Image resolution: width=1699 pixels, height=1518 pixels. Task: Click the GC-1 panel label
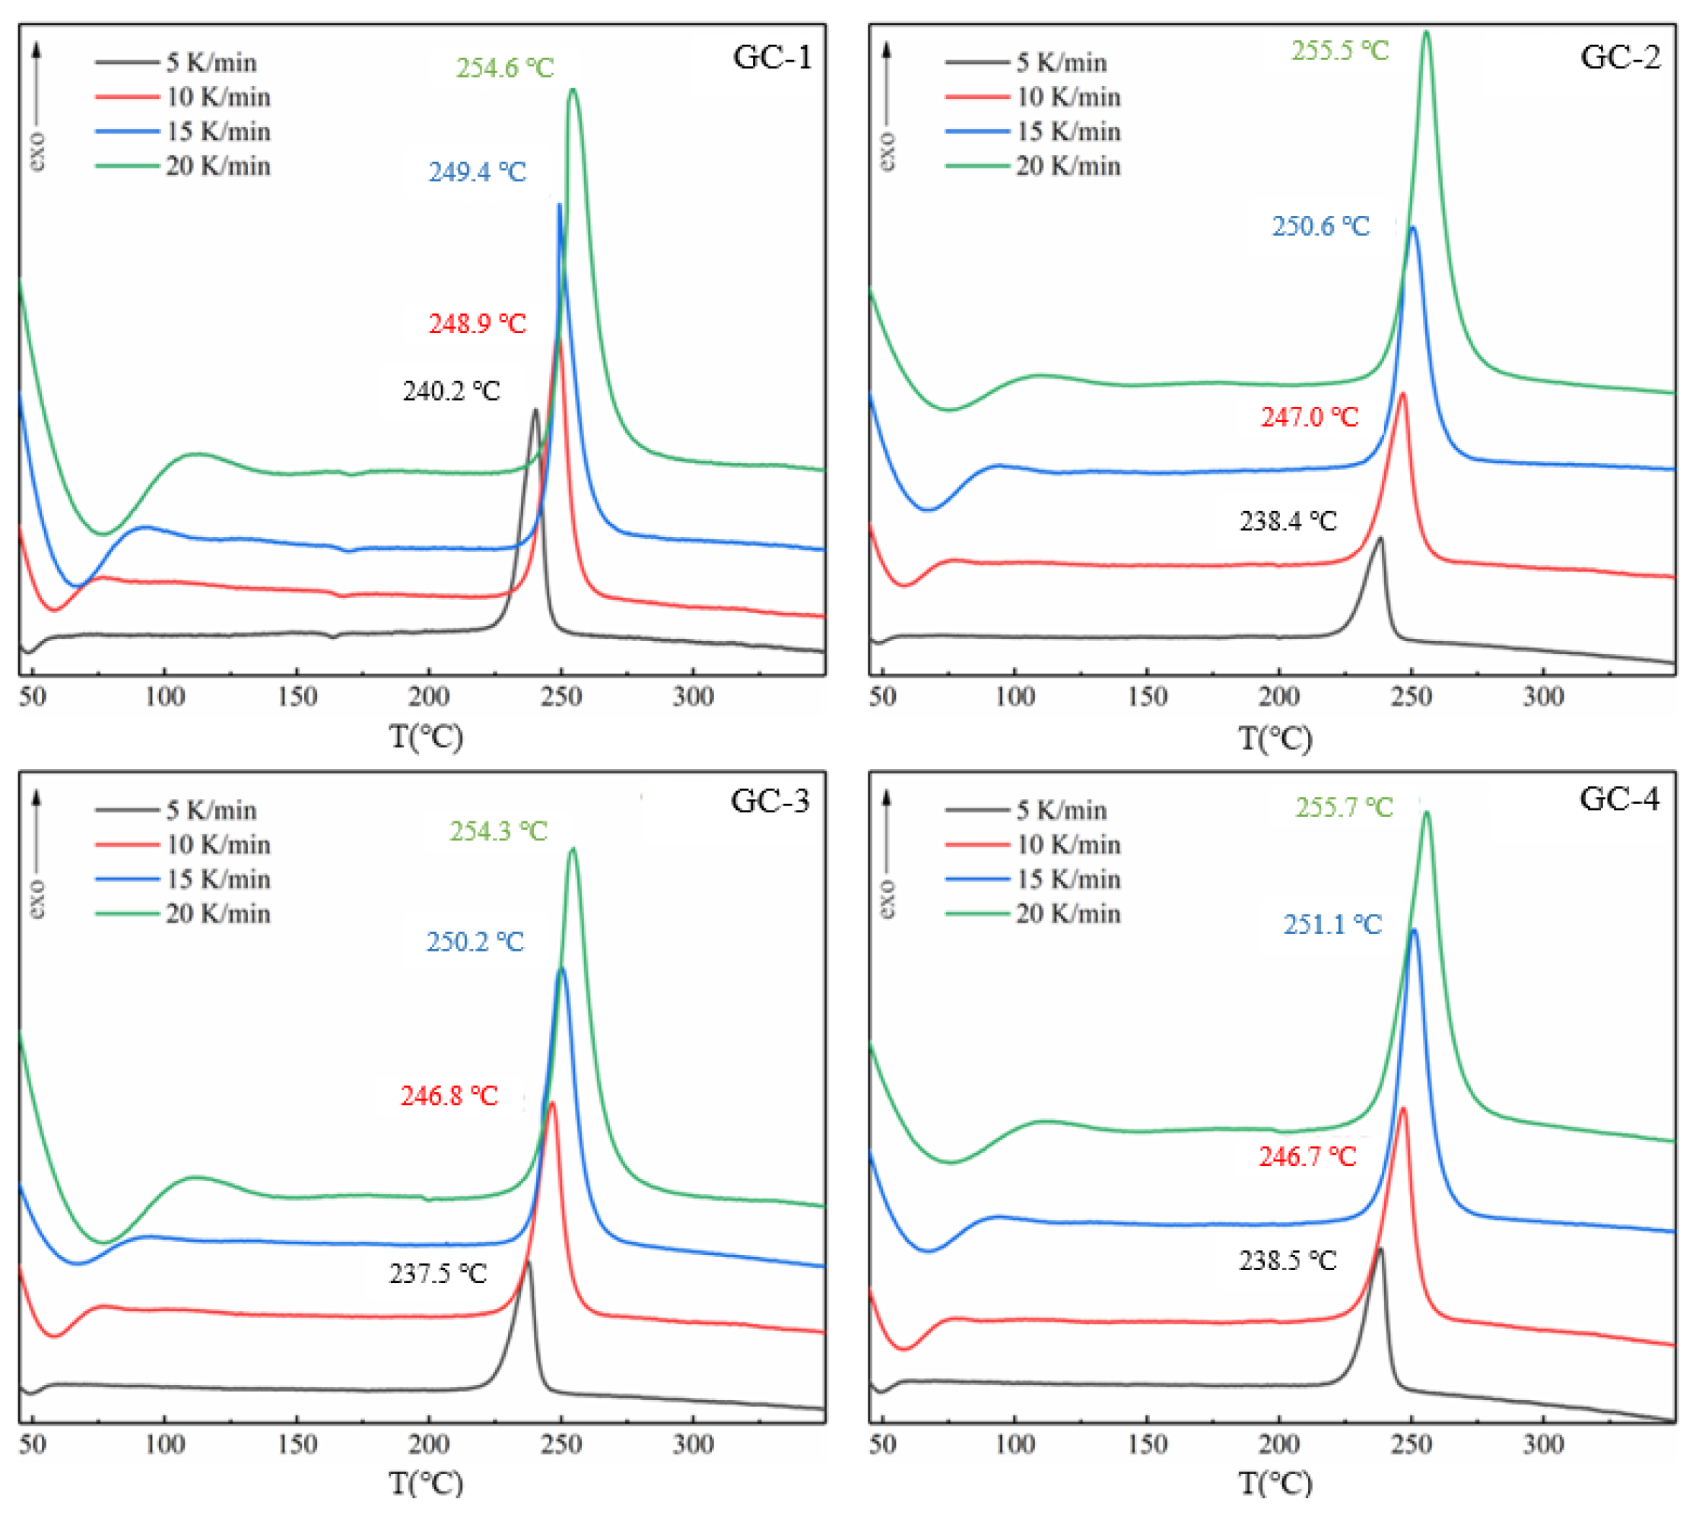tap(771, 57)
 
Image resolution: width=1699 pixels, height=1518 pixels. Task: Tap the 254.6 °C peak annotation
tap(505, 68)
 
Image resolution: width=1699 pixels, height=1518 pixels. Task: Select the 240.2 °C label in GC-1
tap(451, 390)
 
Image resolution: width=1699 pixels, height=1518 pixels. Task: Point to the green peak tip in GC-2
tap(1425, 32)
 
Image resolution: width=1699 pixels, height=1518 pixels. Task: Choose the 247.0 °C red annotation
tap(1310, 416)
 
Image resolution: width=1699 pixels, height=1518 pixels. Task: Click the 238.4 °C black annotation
tap(1288, 520)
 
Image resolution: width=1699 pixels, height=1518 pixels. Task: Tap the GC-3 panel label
tap(770, 800)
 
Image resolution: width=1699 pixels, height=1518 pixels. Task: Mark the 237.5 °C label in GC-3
tap(438, 1273)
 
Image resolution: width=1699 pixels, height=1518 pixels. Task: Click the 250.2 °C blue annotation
tap(475, 942)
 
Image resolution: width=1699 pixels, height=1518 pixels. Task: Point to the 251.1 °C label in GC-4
tap(1332, 923)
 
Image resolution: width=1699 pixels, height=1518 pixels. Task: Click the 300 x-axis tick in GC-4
tap(1543, 1443)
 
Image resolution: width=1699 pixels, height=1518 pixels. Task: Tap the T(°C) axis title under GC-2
tap(1275, 737)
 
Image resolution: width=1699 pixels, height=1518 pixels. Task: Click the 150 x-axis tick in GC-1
tap(297, 696)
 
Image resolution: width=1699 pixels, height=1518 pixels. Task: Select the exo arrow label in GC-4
tap(887, 899)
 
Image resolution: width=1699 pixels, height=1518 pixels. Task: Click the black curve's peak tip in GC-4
tap(1380, 1249)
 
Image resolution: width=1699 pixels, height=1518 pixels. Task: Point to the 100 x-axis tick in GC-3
tap(164, 1443)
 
